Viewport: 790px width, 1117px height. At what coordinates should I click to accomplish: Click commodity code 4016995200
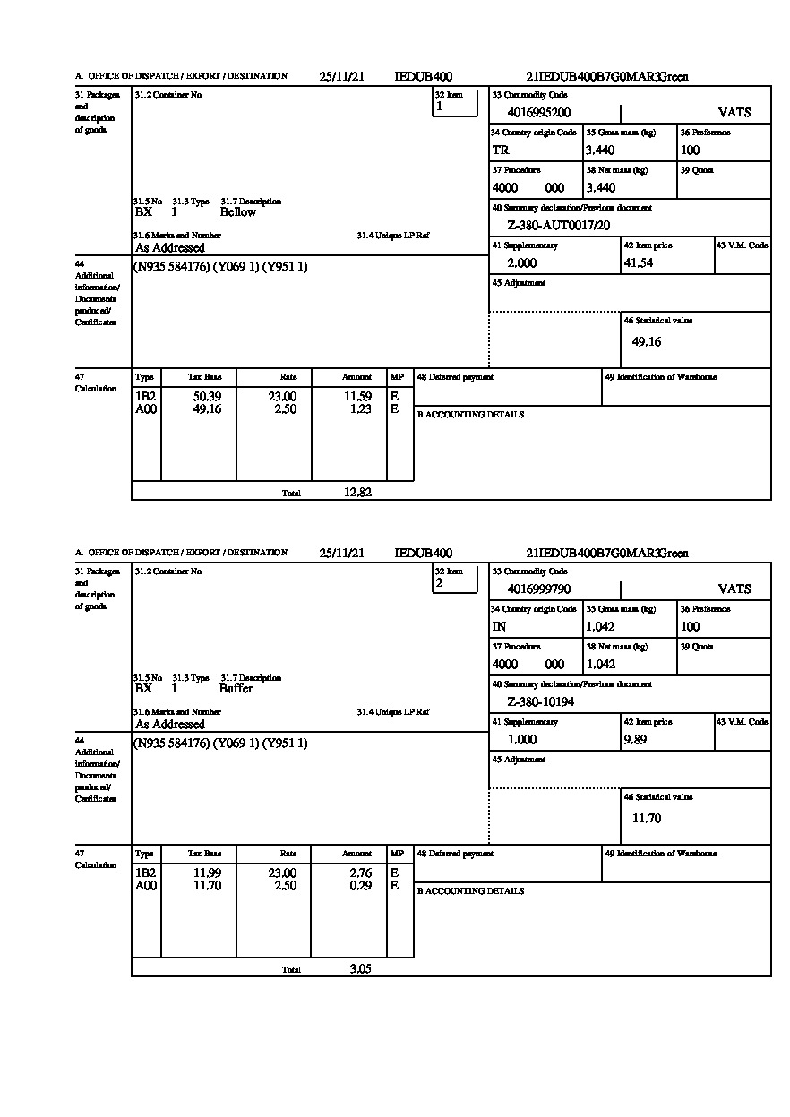(538, 113)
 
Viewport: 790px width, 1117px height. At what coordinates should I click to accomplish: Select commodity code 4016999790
(538, 589)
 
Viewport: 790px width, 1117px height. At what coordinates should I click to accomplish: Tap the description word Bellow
(237, 212)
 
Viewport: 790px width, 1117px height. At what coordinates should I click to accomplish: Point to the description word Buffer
(236, 689)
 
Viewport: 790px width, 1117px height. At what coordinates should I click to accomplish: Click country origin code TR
(501, 150)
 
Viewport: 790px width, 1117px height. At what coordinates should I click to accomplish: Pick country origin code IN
(499, 627)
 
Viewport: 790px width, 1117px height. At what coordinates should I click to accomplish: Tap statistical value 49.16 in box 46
(647, 341)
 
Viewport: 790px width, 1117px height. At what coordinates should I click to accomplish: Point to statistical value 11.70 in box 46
(647, 818)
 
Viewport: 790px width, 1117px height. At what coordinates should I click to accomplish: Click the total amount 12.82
(357, 492)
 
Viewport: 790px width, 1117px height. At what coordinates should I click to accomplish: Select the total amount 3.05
(360, 968)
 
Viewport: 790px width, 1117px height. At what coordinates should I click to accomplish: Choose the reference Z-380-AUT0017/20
(558, 226)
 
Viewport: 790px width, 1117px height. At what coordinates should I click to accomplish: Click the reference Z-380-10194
(540, 702)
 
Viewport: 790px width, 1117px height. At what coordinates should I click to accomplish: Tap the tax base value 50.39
(207, 396)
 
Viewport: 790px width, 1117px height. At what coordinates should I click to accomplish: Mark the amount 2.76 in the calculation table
(360, 872)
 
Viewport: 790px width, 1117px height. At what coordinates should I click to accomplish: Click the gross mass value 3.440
(600, 150)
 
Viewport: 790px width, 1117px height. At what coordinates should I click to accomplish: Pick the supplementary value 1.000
(522, 740)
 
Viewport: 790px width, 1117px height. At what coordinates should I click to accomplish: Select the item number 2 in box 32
(439, 583)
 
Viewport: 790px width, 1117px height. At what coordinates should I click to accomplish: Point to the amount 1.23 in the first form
(360, 409)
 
